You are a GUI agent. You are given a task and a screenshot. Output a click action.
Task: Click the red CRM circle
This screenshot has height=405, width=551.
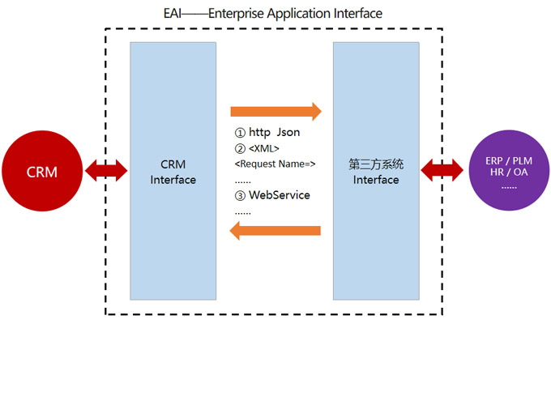(x=42, y=171)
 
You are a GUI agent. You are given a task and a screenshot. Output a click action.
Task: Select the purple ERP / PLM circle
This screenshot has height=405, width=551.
(x=509, y=171)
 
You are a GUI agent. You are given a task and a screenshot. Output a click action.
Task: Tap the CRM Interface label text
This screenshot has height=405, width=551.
(x=173, y=172)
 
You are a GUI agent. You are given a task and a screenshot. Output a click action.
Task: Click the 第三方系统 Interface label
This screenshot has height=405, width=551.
(x=376, y=172)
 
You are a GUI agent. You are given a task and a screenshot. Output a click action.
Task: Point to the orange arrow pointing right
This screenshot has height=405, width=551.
(x=275, y=111)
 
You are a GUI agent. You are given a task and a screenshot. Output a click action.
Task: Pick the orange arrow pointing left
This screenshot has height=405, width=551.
(x=275, y=232)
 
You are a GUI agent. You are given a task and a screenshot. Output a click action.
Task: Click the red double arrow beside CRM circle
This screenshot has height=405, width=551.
(x=107, y=171)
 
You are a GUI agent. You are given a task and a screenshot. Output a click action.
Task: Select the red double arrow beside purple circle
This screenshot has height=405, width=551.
(x=442, y=171)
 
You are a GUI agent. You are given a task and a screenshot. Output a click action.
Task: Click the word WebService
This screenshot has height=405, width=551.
(x=280, y=195)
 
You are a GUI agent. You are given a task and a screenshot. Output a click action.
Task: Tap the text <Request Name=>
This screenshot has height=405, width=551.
(x=275, y=164)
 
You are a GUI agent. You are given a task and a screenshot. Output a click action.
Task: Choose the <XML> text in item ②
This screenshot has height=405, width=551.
(x=264, y=148)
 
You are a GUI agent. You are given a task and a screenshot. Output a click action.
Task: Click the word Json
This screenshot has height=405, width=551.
(x=288, y=132)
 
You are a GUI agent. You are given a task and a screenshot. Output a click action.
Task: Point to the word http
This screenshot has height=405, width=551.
(x=259, y=132)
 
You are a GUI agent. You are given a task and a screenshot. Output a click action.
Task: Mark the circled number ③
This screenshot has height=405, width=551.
(x=240, y=195)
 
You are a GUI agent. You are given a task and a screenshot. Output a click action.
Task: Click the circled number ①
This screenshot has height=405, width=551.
(x=240, y=132)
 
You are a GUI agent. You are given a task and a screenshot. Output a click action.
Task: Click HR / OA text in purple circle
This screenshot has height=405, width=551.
(x=509, y=172)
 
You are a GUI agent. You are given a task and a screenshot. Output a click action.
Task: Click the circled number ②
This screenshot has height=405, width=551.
(x=240, y=148)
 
